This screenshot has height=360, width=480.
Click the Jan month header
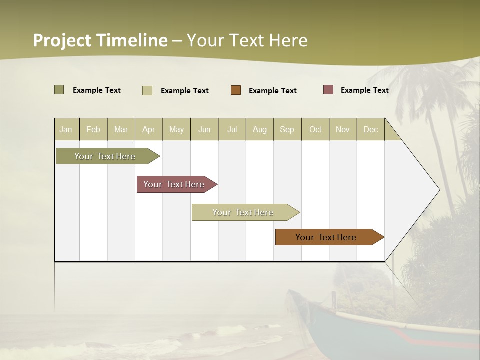point(66,129)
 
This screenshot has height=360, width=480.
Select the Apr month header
point(149,129)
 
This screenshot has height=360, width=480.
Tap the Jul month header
point(232,129)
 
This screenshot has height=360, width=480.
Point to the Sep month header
point(287,129)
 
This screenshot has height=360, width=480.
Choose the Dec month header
point(370,129)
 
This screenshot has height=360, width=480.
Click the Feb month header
point(93,129)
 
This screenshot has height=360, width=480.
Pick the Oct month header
point(315,129)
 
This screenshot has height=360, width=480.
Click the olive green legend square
point(59,90)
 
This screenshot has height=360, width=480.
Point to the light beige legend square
point(147,90)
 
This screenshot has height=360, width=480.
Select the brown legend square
point(236,90)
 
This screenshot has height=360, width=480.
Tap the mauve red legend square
point(328,90)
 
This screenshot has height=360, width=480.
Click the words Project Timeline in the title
point(100,40)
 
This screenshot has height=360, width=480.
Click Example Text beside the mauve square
point(364,90)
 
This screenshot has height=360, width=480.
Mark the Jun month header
point(204,129)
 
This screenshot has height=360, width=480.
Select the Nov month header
point(343,129)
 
